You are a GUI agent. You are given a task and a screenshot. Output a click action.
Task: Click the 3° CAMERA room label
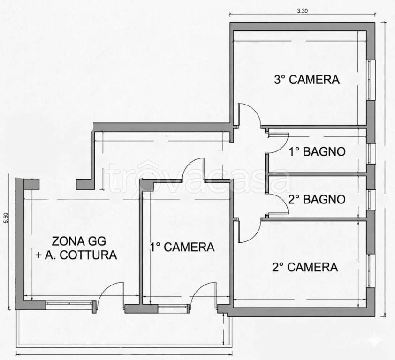[306, 79]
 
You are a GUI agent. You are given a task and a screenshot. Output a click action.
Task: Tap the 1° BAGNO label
[317, 152]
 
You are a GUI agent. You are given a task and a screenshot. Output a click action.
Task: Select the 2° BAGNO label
[317, 199]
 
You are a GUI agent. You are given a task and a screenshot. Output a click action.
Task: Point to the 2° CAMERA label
[305, 267]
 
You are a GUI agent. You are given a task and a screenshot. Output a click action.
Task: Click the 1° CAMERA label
[182, 247]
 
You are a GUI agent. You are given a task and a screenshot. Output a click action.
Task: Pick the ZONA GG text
[79, 242]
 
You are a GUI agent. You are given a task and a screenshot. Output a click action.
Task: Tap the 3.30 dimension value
[303, 12]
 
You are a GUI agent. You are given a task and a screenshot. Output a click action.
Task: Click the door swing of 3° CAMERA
[249, 114]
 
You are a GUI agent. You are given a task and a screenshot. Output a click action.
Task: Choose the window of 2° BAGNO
[371, 199]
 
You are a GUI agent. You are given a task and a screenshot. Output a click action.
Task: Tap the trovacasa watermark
[197, 177]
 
